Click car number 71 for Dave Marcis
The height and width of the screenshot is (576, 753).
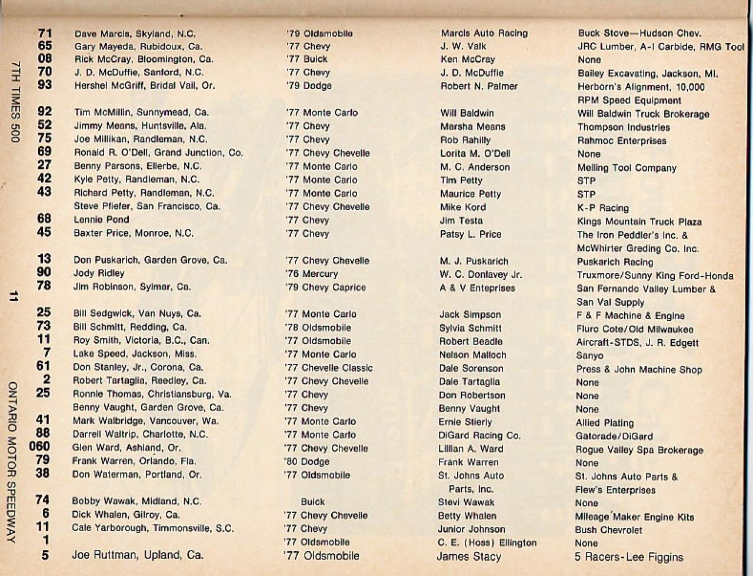[x=45, y=34]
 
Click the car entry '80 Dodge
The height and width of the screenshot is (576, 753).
[x=307, y=462]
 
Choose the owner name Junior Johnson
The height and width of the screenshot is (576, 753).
[x=471, y=529]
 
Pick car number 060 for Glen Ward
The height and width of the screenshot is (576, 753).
[x=40, y=446]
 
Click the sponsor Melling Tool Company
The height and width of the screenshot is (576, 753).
[x=627, y=168]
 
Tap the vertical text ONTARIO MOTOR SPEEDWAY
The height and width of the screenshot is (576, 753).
[x=13, y=462]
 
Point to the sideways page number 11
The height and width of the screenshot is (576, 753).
[x=13, y=296]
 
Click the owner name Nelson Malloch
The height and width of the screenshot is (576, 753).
[x=472, y=355]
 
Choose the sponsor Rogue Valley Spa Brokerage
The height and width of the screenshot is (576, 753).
[x=639, y=450]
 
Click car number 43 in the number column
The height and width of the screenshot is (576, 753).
[x=44, y=192]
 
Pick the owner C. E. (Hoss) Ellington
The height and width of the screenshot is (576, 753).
[x=487, y=542]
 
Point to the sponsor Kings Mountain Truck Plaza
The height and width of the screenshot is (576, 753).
[x=639, y=222]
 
